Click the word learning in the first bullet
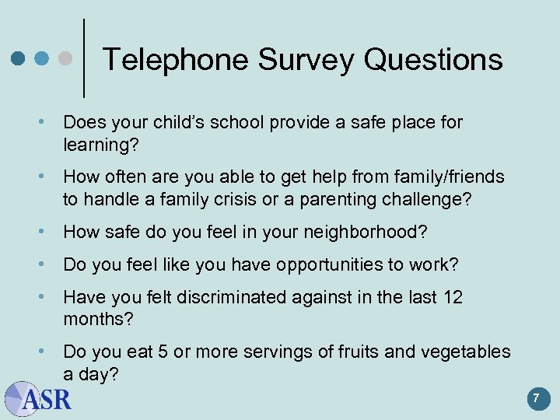tap(95, 145)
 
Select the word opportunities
tap(326, 264)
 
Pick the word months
tap(97, 319)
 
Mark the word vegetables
tap(465, 352)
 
